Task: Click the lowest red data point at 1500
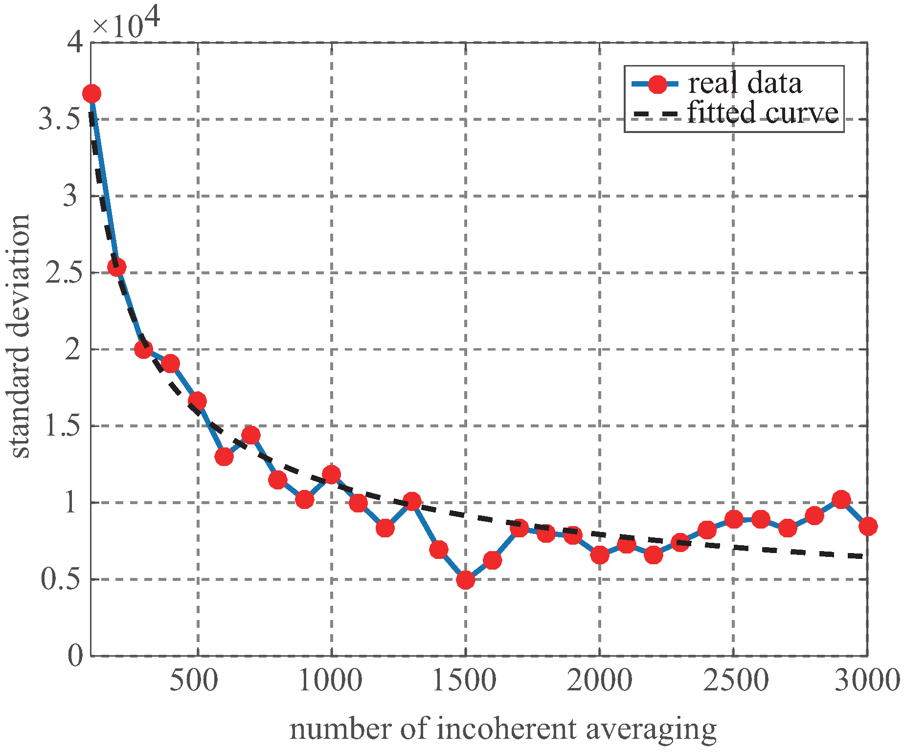(x=465, y=580)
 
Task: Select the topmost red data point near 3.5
(x=91, y=93)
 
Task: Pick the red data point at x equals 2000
(x=599, y=555)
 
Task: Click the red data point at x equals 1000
(x=332, y=474)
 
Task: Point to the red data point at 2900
(x=841, y=500)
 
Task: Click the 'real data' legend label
(x=745, y=84)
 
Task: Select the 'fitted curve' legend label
(x=763, y=113)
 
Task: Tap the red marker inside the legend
(x=657, y=84)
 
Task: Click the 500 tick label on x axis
(x=194, y=680)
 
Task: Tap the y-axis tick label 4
(x=76, y=43)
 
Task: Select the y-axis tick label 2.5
(x=63, y=273)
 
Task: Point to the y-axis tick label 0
(x=75, y=656)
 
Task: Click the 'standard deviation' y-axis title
(x=20, y=336)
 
